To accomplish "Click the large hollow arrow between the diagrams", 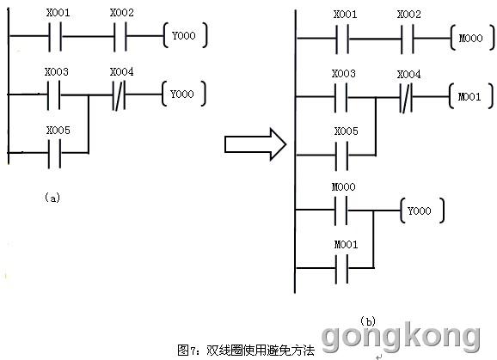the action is pyautogui.click(x=255, y=144).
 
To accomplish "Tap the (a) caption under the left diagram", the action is pyautogui.click(x=52, y=198).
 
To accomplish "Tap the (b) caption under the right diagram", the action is pyautogui.click(x=368, y=321).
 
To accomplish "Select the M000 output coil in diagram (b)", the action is pyautogui.click(x=472, y=39).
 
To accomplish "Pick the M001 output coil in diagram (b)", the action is pyautogui.click(x=470, y=96).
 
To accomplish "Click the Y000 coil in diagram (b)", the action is pyautogui.click(x=422, y=211).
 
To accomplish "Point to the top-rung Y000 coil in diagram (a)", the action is pyautogui.click(x=185, y=35).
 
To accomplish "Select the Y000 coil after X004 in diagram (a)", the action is pyautogui.click(x=183, y=94).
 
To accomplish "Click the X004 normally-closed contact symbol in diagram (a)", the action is pyautogui.click(x=119, y=95).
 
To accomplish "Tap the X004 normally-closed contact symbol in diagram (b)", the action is pyautogui.click(x=406, y=98).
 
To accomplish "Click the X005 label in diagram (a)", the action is pyautogui.click(x=58, y=130).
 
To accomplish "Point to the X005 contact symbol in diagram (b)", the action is pyautogui.click(x=341, y=156).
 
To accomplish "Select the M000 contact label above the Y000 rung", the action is pyautogui.click(x=344, y=186).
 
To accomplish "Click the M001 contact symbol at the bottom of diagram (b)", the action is pyautogui.click(x=341, y=268).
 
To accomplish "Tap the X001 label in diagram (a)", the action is pyautogui.click(x=58, y=13).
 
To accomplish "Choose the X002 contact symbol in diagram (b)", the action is pyautogui.click(x=408, y=39).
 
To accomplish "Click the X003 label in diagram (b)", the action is pyautogui.click(x=344, y=73).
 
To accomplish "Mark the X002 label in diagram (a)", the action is pyautogui.click(x=122, y=13).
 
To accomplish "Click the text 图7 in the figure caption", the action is pyautogui.click(x=187, y=351).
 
